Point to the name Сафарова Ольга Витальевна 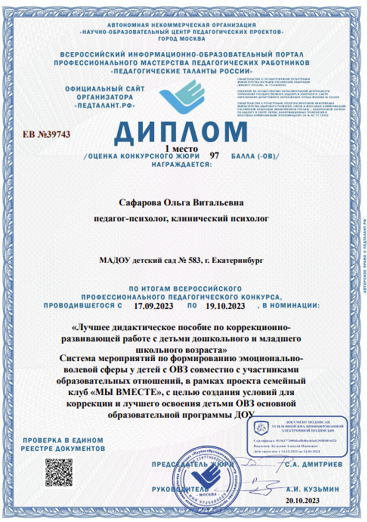click(183, 202)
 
